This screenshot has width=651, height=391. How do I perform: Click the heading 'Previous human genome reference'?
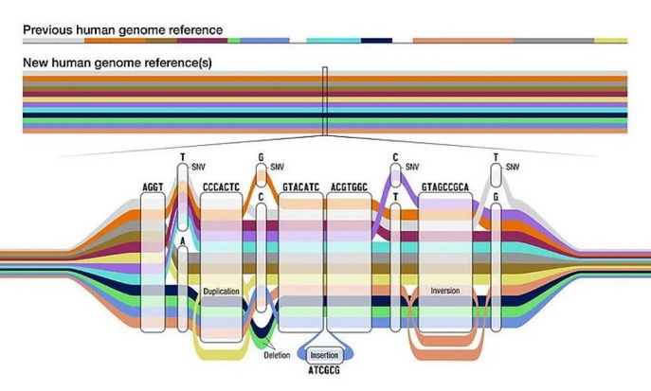tap(122, 29)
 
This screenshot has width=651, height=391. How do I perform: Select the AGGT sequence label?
tap(152, 188)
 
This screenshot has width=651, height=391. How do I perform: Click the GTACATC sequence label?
tap(300, 188)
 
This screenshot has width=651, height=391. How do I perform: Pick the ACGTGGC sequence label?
tap(348, 188)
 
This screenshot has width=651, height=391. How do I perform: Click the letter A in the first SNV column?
tap(183, 242)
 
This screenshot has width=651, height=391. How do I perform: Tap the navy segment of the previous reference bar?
tap(377, 41)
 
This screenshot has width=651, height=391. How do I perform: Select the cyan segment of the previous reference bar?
tap(328, 41)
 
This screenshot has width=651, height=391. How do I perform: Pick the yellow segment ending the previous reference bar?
tap(610, 41)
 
